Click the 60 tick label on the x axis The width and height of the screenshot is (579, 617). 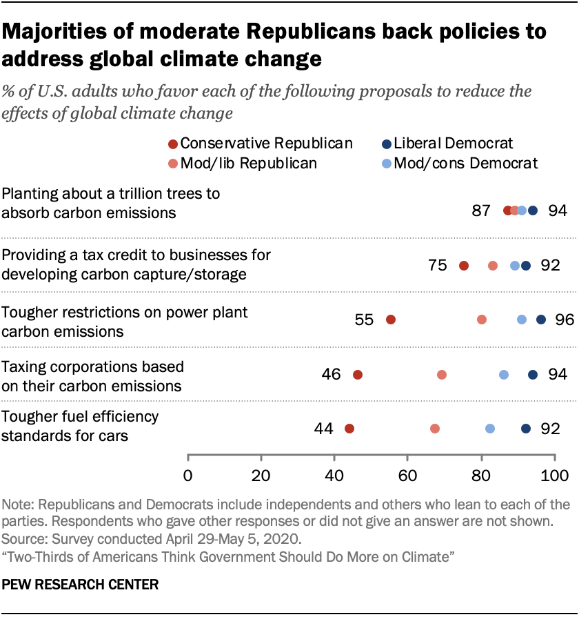(x=407, y=475)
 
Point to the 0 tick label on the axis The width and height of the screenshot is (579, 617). (x=187, y=475)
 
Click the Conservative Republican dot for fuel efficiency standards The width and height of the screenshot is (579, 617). (x=349, y=429)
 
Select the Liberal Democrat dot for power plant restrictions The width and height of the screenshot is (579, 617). (x=541, y=320)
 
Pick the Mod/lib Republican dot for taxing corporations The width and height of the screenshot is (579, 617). (x=442, y=375)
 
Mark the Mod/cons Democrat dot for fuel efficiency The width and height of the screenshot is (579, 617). (x=490, y=429)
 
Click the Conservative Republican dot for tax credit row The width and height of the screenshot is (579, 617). (x=464, y=266)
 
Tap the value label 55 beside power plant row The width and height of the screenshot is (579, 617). (x=364, y=320)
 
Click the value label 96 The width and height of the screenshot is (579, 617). (x=565, y=320)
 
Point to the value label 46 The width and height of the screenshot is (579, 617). (x=331, y=375)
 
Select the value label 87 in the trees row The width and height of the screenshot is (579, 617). (x=481, y=210)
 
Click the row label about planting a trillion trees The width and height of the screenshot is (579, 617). (x=111, y=203)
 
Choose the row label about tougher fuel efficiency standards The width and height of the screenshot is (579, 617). (x=81, y=426)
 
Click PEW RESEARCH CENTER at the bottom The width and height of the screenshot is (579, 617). (x=81, y=585)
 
